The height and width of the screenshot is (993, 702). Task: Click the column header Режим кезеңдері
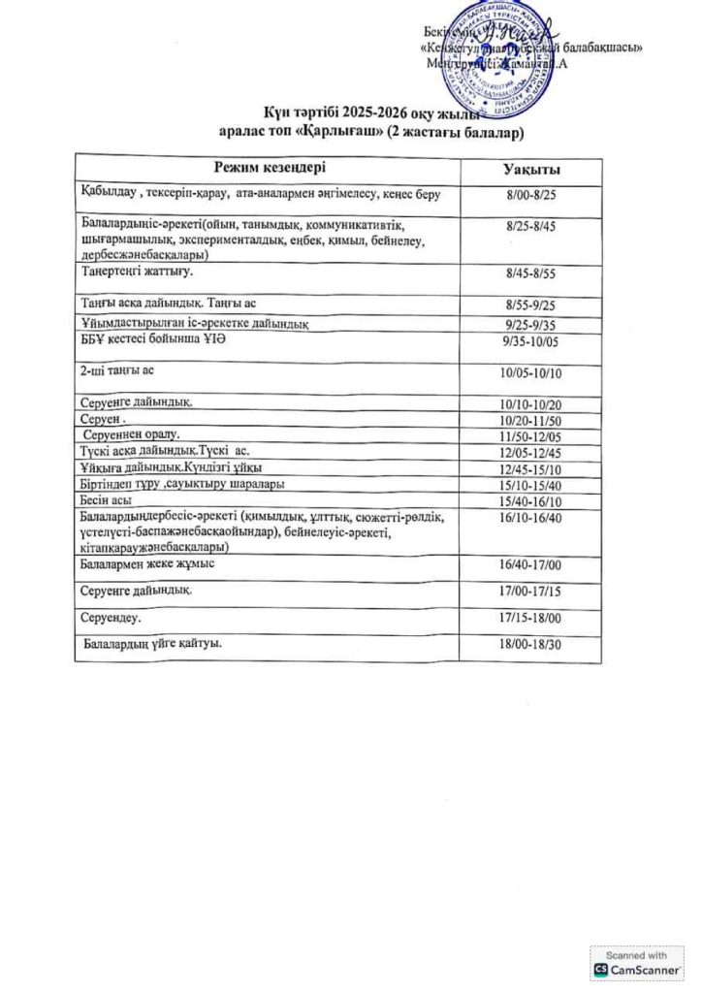[271, 167]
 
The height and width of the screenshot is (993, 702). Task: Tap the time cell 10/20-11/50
[529, 420]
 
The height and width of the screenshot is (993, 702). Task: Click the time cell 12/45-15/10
[529, 468]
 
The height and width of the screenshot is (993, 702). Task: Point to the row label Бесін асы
[106, 499]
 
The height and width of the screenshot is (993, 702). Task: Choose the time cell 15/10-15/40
[529, 485]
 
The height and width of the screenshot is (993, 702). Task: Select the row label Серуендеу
[112, 616]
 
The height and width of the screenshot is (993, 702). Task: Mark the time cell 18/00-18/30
[529, 643]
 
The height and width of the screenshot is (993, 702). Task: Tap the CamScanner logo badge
[636, 963]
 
